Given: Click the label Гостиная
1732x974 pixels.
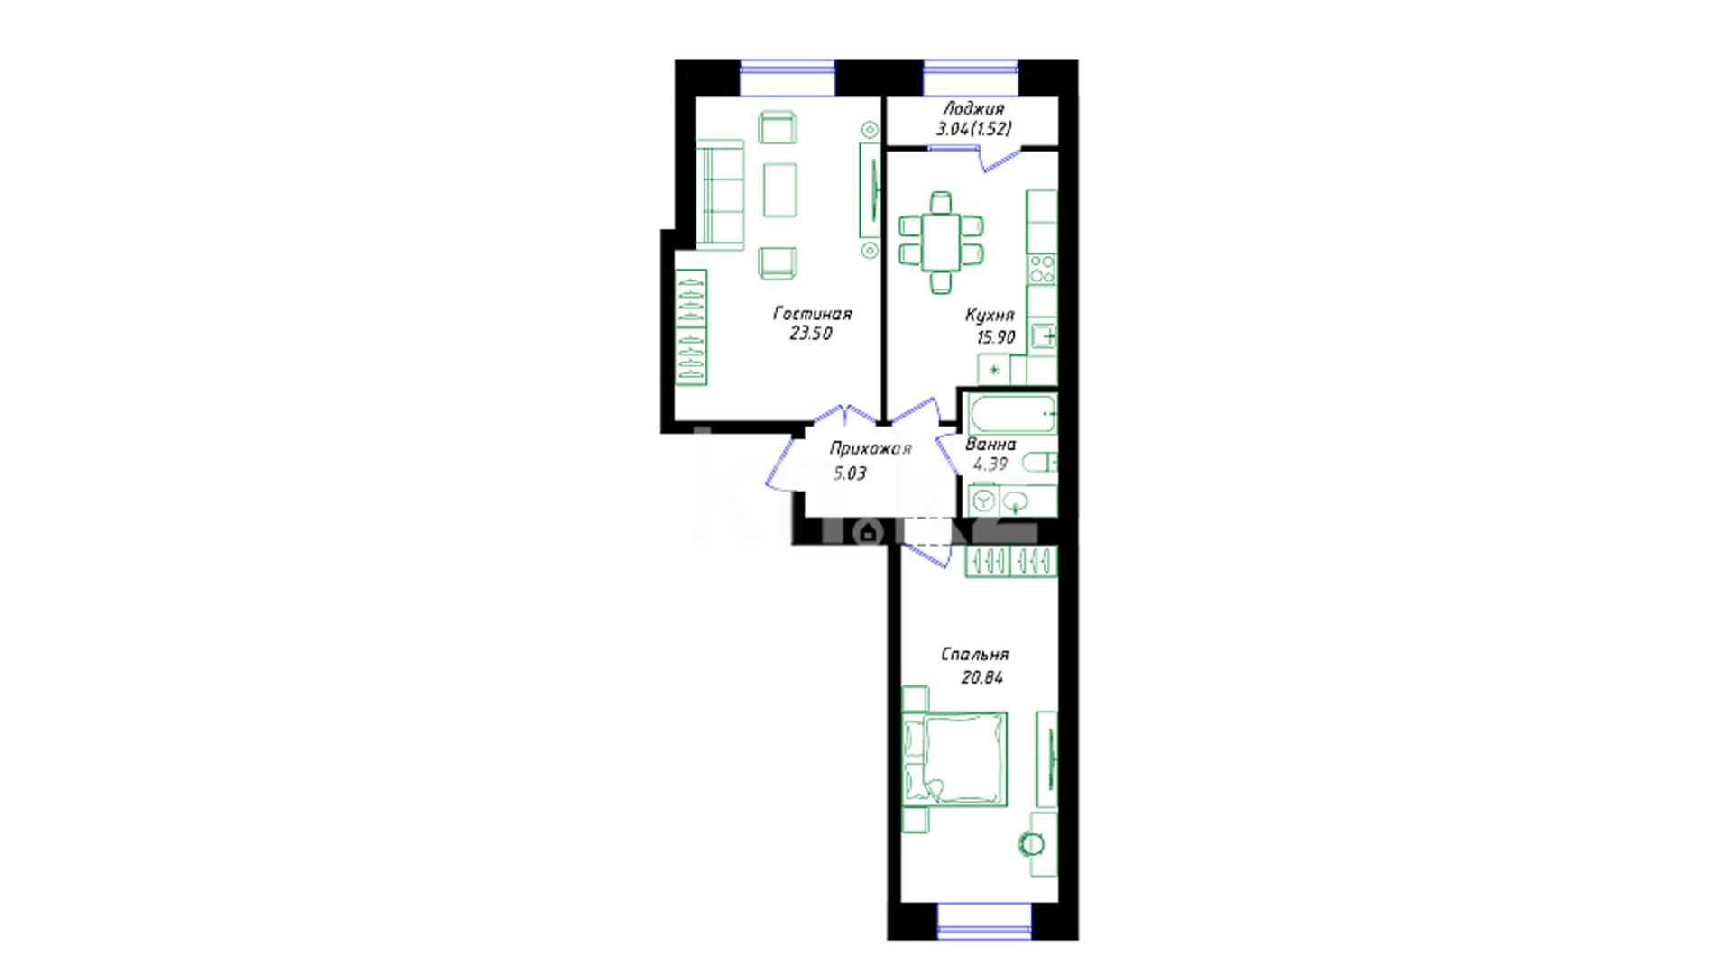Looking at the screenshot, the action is click(812, 314).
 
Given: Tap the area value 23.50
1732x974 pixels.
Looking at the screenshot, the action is click(811, 333).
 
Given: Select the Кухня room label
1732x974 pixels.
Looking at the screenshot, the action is click(990, 315).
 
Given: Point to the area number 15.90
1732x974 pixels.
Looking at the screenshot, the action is click(996, 337).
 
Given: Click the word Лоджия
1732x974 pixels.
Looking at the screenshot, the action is click(973, 109).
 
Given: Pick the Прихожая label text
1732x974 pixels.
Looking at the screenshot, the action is click(871, 448).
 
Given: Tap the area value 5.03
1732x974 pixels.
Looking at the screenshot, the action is click(850, 473).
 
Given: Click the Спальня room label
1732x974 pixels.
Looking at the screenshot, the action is click(975, 655).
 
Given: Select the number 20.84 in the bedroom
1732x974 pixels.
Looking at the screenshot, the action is click(981, 677).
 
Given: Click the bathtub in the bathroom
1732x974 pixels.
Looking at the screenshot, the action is click(1012, 414).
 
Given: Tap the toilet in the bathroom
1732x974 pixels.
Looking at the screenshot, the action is click(1039, 463).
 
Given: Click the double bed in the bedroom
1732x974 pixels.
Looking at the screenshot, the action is click(955, 758).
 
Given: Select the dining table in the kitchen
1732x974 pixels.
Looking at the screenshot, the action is click(941, 241).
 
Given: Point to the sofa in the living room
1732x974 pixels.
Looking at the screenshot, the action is click(720, 194).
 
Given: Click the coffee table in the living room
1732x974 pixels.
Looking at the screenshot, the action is click(780, 189).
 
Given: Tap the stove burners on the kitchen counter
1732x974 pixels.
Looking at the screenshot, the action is click(1042, 270).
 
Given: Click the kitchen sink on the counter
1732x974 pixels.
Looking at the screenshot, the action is click(1045, 336).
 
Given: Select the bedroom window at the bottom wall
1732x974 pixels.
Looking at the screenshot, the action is click(984, 921).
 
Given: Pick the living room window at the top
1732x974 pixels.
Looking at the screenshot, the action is click(788, 78).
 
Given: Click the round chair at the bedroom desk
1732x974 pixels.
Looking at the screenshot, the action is click(1031, 844).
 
